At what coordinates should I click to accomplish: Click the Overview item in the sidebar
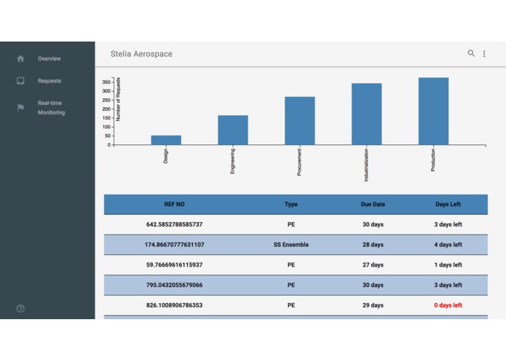[49, 58]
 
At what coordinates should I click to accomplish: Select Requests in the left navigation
[49, 81]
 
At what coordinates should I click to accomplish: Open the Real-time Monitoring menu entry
[51, 108]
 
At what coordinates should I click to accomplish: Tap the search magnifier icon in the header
[471, 53]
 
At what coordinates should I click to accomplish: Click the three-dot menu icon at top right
[484, 54]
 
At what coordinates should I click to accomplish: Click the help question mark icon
[20, 308]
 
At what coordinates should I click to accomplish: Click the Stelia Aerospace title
[141, 54]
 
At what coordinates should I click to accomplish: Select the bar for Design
[166, 140]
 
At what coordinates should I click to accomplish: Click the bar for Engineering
[233, 130]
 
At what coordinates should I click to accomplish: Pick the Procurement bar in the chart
[300, 120]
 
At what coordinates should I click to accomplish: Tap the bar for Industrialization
[366, 114]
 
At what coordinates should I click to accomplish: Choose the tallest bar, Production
[433, 111]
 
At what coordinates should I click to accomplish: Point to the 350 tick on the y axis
[106, 82]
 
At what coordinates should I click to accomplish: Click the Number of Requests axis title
[119, 98]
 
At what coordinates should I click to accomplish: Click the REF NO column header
[175, 205]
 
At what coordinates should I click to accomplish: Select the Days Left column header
[448, 205]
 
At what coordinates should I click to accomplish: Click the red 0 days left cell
[448, 305]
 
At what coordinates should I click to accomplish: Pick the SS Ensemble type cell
[291, 245]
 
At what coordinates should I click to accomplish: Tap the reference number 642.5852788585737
[175, 224]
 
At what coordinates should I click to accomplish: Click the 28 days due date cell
[373, 245]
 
